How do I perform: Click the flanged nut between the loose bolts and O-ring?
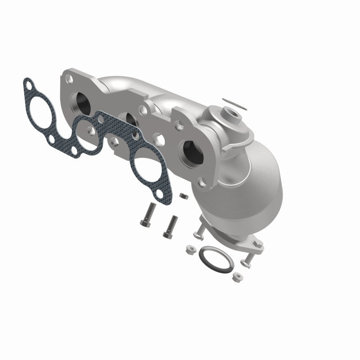tap(190, 247)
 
